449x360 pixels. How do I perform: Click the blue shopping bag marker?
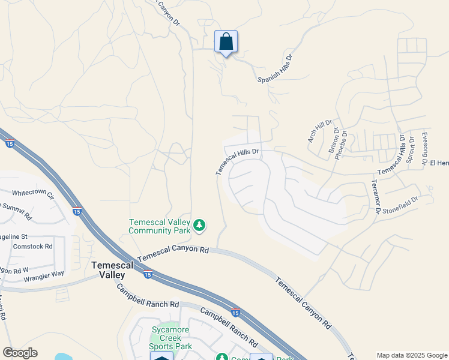click(x=226, y=43)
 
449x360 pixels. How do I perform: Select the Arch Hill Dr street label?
click(x=319, y=131)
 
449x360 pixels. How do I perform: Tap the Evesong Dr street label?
click(x=425, y=148)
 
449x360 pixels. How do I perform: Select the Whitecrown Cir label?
click(x=33, y=195)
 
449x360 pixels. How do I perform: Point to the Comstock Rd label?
click(x=33, y=246)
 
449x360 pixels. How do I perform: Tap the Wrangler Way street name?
click(x=44, y=274)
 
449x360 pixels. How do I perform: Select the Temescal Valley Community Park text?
click(x=158, y=226)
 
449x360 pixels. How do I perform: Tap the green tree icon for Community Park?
click(x=199, y=226)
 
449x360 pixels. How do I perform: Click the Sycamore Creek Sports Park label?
click(x=171, y=338)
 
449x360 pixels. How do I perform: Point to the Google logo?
click(x=20, y=353)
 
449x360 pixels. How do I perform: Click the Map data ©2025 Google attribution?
click(x=412, y=355)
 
